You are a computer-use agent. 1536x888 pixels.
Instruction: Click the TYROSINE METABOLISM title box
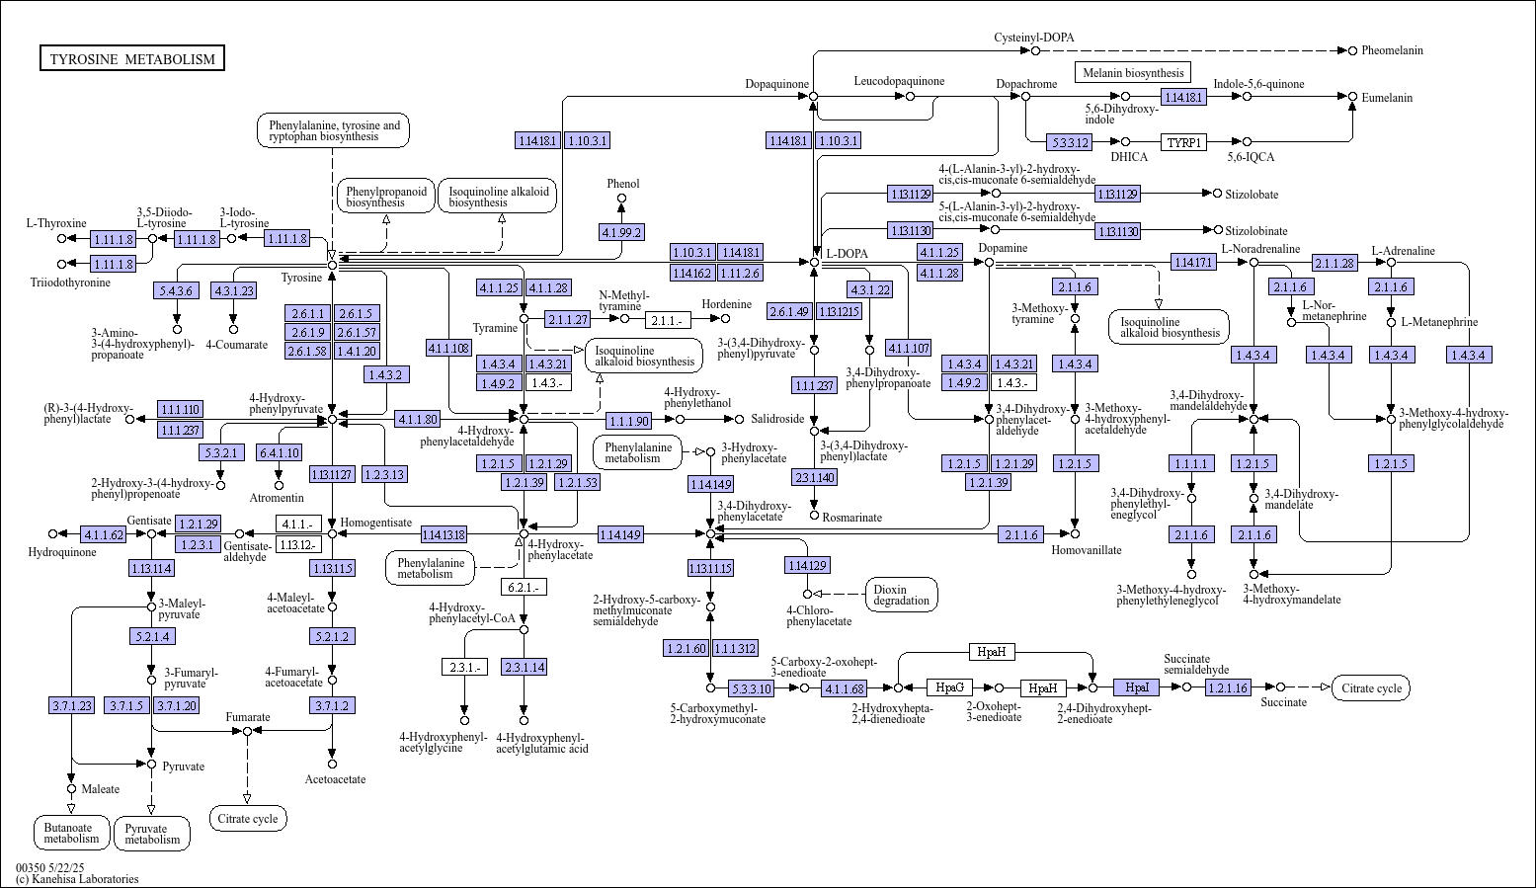pyautogui.click(x=132, y=58)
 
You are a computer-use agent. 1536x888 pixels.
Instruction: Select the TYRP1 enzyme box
pyautogui.click(x=1184, y=142)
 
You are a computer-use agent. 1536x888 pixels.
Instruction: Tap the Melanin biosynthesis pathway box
pyautogui.click(x=1133, y=73)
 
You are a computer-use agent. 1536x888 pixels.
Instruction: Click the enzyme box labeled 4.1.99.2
pyautogui.click(x=622, y=232)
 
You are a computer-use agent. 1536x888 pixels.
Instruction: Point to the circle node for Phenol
pyautogui.click(x=622, y=199)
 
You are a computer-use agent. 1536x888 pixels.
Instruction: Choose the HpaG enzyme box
pyautogui.click(x=949, y=687)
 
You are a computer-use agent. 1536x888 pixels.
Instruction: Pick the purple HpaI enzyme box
pyautogui.click(x=1137, y=687)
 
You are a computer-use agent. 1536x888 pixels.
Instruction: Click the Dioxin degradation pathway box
pyautogui.click(x=901, y=595)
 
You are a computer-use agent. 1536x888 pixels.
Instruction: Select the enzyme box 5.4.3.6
pyautogui.click(x=176, y=290)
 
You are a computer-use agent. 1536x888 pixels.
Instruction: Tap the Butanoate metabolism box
pyautogui.click(x=71, y=833)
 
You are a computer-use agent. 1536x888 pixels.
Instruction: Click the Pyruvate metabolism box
pyautogui.click(x=152, y=833)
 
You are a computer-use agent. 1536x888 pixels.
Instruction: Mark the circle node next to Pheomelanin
pyautogui.click(x=1353, y=50)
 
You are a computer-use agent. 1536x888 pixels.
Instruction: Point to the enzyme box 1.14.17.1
pyautogui.click(x=1193, y=262)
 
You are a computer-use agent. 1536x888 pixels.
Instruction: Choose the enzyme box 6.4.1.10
pyautogui.click(x=280, y=452)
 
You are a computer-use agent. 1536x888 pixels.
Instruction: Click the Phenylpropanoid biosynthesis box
pyautogui.click(x=386, y=197)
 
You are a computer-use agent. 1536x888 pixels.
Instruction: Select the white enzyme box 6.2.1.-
pyautogui.click(x=524, y=587)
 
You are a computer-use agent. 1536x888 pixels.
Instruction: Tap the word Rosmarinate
pyautogui.click(x=852, y=517)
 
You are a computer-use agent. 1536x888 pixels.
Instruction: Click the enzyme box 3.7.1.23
pyautogui.click(x=71, y=705)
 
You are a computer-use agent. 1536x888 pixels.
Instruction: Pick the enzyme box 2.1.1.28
pyautogui.click(x=1335, y=263)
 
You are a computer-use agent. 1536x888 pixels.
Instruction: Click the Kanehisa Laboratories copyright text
pyautogui.click(x=77, y=879)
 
